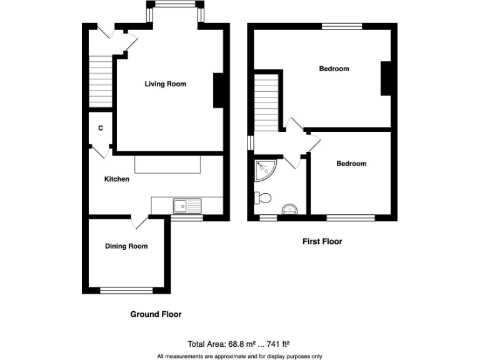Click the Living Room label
pos(165,84)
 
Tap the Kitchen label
pos(116,179)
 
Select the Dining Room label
pos(126,246)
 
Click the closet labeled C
pos(100,129)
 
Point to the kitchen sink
pos(187,204)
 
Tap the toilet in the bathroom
pos(262,198)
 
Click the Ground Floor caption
pos(156,314)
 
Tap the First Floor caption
pos(322,241)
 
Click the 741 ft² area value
pos(275,344)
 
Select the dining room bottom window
pos(126,290)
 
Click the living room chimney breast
pos(219,91)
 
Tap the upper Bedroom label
pos(334,69)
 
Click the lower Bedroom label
pos(351,164)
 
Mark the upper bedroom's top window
pos(342,26)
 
